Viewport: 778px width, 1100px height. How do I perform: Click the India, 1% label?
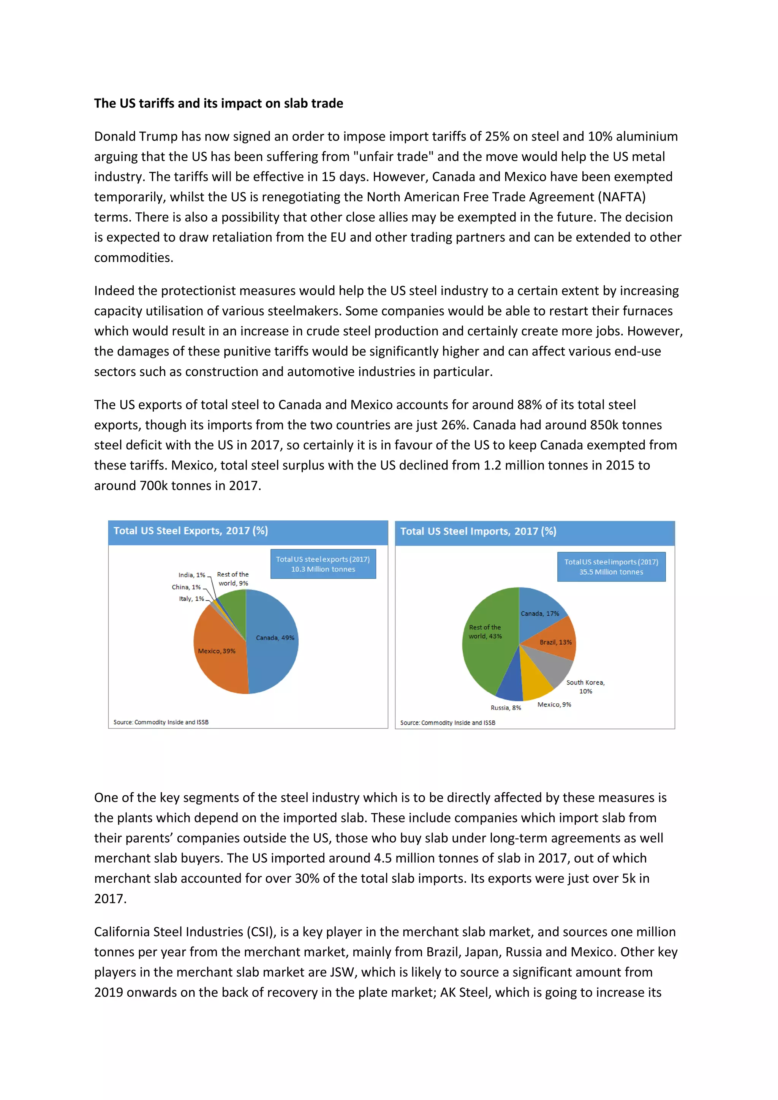point(191,575)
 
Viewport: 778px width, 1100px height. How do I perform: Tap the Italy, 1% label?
point(191,599)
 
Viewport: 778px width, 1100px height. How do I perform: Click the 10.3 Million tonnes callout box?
point(323,564)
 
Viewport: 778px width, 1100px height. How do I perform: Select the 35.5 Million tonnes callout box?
point(611,567)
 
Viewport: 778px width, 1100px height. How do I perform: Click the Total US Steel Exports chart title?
point(191,531)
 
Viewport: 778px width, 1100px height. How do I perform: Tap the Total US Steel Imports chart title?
point(478,531)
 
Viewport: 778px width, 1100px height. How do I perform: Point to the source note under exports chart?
point(161,722)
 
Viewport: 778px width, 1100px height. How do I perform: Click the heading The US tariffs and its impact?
point(218,103)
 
